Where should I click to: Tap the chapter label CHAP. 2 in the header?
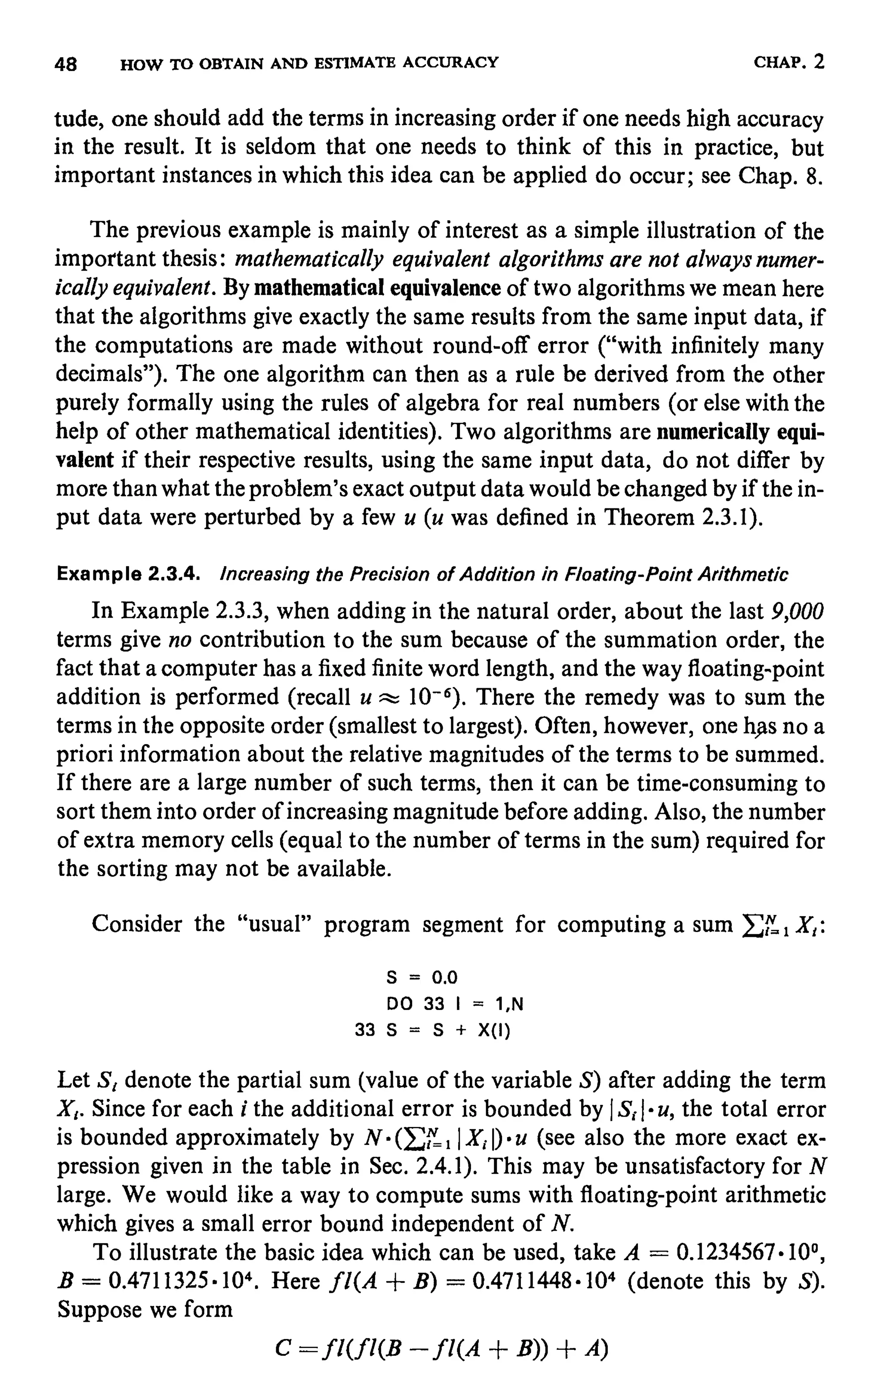pos(789,61)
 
